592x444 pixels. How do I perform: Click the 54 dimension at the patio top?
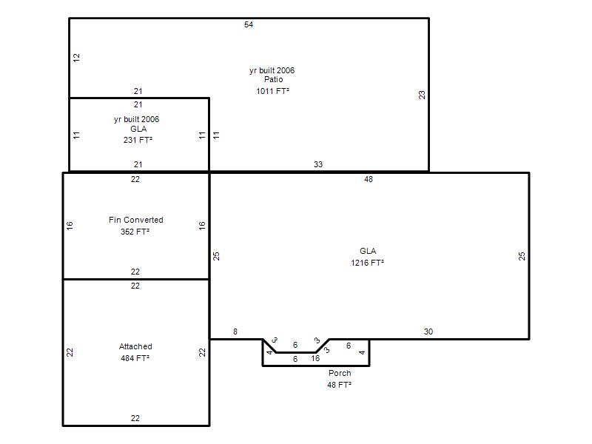point(249,24)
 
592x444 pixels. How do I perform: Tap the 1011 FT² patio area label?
point(272,91)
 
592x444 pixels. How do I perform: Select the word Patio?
point(273,79)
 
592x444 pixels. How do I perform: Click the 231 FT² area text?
point(138,140)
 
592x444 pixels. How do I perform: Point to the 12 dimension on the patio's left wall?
point(77,58)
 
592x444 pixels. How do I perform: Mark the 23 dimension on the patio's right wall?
point(422,95)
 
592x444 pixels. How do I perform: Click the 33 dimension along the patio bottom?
point(318,164)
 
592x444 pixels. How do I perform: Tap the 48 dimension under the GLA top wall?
point(369,179)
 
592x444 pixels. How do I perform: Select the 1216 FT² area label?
point(367,263)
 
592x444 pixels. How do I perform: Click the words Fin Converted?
point(136,220)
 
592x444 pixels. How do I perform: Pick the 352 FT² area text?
point(135,232)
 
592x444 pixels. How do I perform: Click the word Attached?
point(135,346)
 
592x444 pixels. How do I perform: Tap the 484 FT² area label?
point(135,358)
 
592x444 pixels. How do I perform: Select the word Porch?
point(340,373)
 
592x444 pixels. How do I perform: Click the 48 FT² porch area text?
point(339,385)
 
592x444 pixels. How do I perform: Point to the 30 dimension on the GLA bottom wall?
point(428,332)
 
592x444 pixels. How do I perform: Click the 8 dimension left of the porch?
point(235,332)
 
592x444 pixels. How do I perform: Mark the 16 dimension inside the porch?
point(316,358)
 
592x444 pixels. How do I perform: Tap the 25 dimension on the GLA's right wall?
point(522,256)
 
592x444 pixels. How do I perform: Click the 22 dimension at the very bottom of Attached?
point(135,418)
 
